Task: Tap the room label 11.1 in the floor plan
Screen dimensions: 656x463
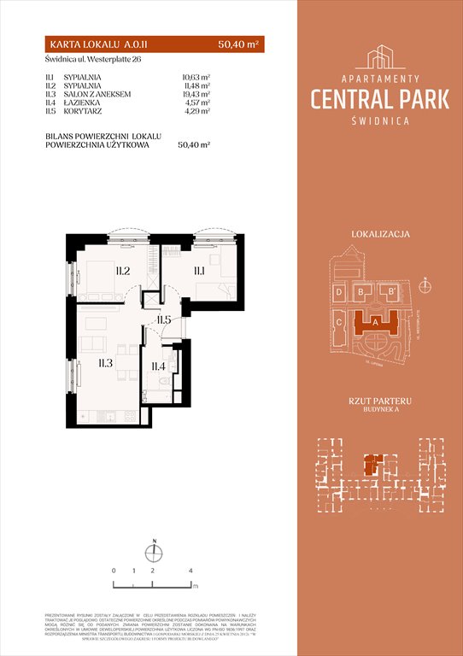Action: [199, 272]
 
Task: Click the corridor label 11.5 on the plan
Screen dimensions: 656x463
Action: [165, 320]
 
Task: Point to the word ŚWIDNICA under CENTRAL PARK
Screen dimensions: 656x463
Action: [380, 121]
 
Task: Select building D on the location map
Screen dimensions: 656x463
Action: [340, 293]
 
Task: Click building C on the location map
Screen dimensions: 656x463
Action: [340, 322]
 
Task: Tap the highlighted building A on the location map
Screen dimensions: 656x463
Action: [375, 322]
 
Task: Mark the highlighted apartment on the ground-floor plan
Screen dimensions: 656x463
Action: [371, 465]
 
